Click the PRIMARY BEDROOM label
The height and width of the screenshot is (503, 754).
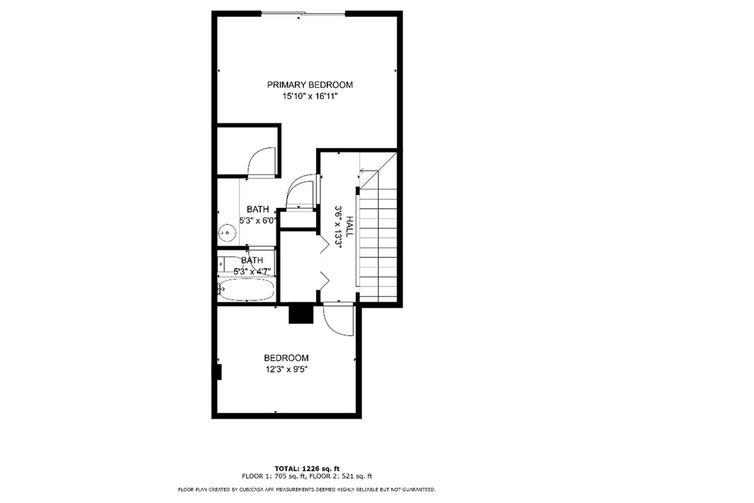tap(310, 84)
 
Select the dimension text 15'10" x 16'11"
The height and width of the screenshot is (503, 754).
tap(310, 96)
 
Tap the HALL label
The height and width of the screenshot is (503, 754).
tap(349, 226)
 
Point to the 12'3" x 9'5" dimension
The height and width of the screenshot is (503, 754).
tap(287, 370)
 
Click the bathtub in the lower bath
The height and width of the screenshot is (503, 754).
tap(247, 289)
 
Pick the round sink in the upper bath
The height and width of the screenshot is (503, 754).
tap(227, 233)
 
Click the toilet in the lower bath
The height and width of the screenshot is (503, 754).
tap(226, 265)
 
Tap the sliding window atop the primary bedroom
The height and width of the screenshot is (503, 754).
tap(303, 13)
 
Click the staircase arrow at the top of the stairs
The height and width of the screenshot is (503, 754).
tap(369, 171)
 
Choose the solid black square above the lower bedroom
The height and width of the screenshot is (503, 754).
tap(301, 314)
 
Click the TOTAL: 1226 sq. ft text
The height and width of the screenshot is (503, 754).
tap(307, 468)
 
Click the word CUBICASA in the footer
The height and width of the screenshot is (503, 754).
tap(251, 490)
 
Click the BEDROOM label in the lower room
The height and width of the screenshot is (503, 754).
tap(286, 358)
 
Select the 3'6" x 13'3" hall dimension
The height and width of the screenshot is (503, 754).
tap(338, 227)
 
